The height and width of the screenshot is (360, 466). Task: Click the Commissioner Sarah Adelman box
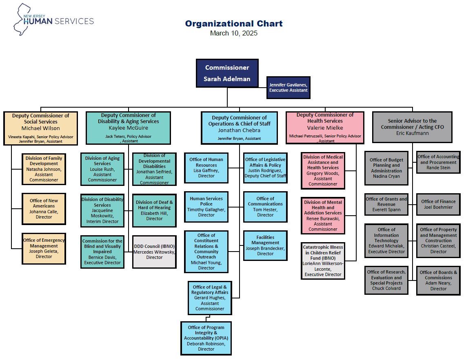[227, 73]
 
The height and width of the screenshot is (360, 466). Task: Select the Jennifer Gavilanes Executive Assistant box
[288, 88]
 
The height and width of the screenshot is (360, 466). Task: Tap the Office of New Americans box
[44, 209]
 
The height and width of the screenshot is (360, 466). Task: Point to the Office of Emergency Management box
[44, 249]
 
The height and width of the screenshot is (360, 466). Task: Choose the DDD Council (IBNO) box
[154, 252]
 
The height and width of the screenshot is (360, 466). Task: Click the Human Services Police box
[206, 207]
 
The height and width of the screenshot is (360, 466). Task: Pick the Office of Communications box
[265, 207]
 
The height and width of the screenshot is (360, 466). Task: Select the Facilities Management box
[265, 246]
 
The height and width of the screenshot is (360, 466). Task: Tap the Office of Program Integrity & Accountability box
[206, 338]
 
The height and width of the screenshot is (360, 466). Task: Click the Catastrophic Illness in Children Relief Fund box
[323, 261]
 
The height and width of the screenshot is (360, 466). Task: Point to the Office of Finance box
[438, 204]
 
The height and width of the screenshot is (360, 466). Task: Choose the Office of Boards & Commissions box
[438, 280]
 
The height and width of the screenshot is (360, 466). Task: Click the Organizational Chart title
[234, 24]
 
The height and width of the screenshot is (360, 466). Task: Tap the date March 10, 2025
[233, 33]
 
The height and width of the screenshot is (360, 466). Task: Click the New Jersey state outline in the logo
[22, 20]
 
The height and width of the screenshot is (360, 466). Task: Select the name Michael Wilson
[41, 128]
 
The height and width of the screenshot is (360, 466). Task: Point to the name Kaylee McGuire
[129, 128]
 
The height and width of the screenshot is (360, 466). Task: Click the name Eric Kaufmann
[412, 133]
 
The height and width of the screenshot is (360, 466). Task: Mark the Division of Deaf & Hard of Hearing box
[154, 210]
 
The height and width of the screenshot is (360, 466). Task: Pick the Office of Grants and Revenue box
[386, 204]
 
